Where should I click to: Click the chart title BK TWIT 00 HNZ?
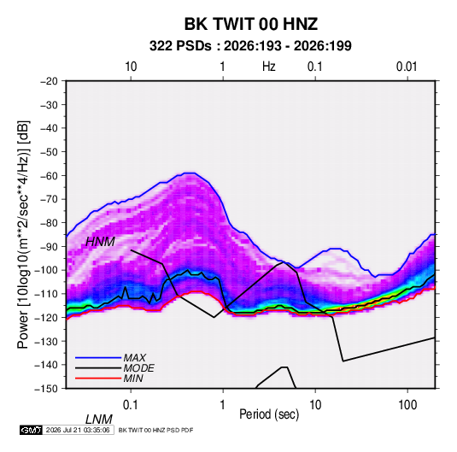click(x=250, y=24)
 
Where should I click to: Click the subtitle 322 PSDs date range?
click(x=250, y=46)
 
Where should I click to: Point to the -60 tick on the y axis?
click(x=50, y=175)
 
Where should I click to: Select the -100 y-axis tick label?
click(x=47, y=270)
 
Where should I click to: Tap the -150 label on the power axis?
click(x=47, y=389)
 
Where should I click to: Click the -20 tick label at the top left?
click(x=50, y=81)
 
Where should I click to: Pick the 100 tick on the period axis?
click(x=407, y=405)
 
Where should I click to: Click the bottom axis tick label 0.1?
click(x=131, y=405)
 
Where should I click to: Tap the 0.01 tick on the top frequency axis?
click(x=407, y=67)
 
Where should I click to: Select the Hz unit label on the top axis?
click(x=269, y=67)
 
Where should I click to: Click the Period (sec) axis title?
click(x=269, y=414)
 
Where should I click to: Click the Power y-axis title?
click(x=23, y=234)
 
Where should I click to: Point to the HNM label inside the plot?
click(x=100, y=242)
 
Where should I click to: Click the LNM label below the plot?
click(x=99, y=420)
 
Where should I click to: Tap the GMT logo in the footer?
click(x=31, y=430)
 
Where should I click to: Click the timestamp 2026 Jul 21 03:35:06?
click(x=78, y=430)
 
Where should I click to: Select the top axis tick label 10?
click(x=131, y=67)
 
